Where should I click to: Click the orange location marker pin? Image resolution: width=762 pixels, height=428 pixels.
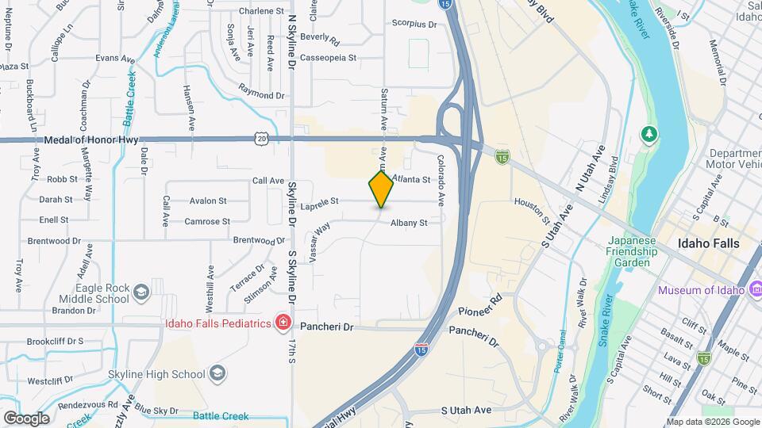(381, 189)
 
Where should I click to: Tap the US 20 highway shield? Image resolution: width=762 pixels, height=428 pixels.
(262, 138)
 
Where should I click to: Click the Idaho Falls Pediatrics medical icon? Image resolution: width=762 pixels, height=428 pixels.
(282, 322)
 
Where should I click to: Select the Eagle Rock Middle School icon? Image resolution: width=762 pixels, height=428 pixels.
(140, 292)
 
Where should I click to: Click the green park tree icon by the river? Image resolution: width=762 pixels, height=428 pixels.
(649, 134)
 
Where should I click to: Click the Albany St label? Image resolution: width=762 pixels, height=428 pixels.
(408, 223)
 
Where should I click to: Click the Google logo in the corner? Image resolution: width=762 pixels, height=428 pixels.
(26, 418)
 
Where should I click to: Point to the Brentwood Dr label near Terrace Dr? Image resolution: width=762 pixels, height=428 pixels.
(259, 240)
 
